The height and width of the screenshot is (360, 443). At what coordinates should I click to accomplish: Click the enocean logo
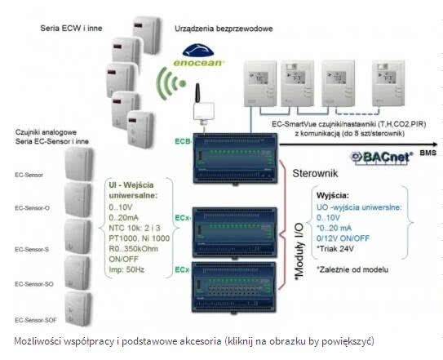pyautogui.click(x=198, y=56)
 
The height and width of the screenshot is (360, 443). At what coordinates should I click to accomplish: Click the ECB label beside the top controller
pyautogui.click(x=181, y=140)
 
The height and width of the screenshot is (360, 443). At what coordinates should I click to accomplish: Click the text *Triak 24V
pyautogui.click(x=339, y=249)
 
